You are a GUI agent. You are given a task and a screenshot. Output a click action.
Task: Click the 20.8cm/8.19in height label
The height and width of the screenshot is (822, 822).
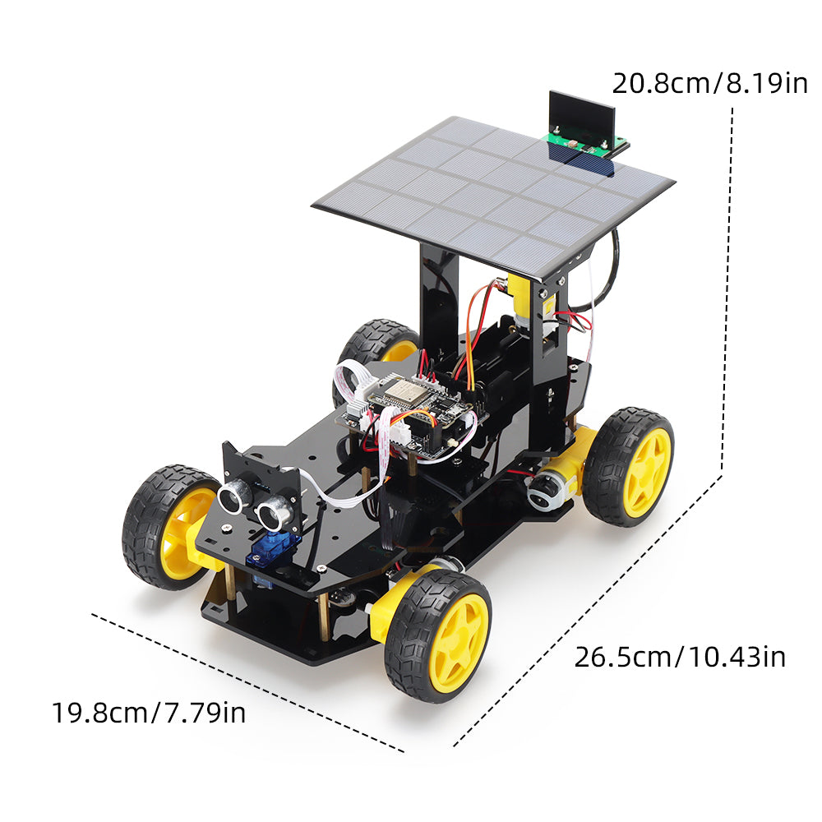(x=709, y=83)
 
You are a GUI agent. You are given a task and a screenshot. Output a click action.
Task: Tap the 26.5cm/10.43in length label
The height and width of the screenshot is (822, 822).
(x=679, y=657)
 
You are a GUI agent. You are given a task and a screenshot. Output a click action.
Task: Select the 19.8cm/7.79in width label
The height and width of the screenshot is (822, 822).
(x=149, y=712)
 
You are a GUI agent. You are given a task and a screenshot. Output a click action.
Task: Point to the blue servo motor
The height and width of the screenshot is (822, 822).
(x=275, y=550)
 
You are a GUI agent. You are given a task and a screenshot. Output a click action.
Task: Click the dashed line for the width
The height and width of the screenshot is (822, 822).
(x=247, y=681)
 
